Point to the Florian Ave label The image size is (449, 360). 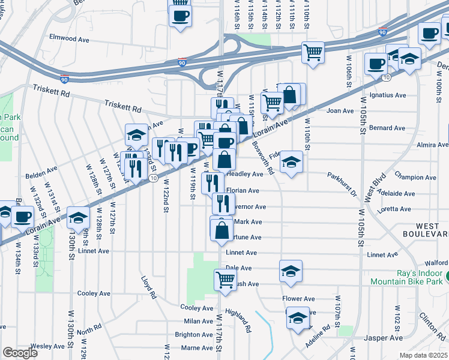(243, 191)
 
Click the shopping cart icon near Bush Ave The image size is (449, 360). (225, 278)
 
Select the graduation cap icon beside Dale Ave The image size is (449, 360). (291, 271)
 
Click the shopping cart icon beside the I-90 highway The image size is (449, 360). (313, 52)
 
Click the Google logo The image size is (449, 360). (20, 353)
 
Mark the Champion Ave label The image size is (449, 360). (414, 178)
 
